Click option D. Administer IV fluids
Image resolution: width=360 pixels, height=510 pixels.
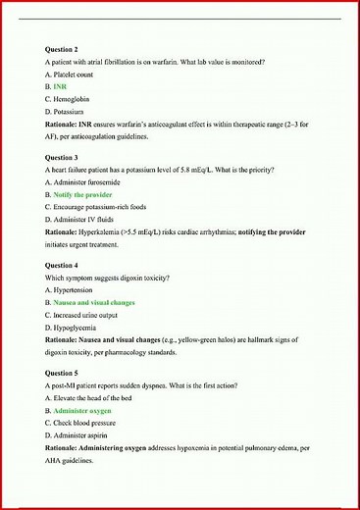81,221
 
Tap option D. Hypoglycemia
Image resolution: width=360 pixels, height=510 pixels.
74,329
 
